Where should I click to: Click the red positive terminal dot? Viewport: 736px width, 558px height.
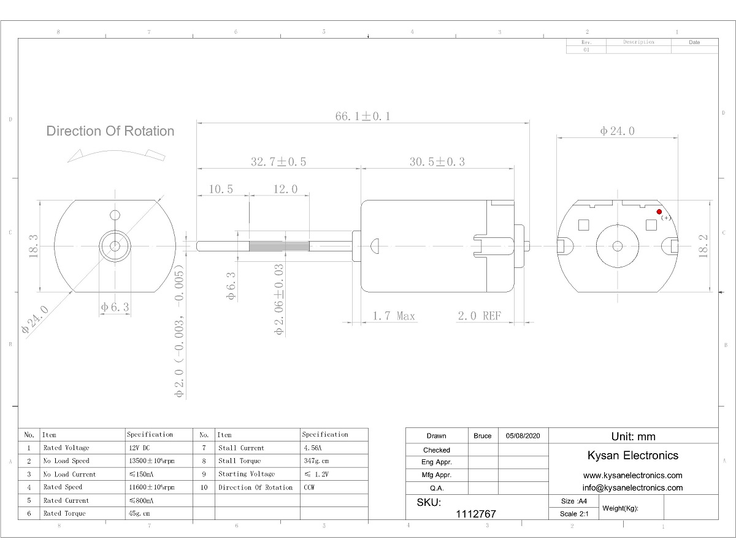pos(659,212)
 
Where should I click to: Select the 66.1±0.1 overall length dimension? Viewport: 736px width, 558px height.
pos(363,117)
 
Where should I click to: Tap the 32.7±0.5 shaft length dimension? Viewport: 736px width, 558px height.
pos(278,162)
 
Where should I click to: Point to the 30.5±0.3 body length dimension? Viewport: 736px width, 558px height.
pos(437,162)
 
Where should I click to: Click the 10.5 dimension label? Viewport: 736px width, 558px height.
pos(221,189)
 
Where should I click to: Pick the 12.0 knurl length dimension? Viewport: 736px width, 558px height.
pos(285,189)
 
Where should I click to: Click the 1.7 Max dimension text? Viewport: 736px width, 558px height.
pos(394,316)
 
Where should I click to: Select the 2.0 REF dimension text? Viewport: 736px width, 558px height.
pos(480,316)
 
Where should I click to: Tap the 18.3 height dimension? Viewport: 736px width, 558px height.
pos(33,246)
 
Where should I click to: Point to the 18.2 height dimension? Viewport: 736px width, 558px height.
pos(703,246)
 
